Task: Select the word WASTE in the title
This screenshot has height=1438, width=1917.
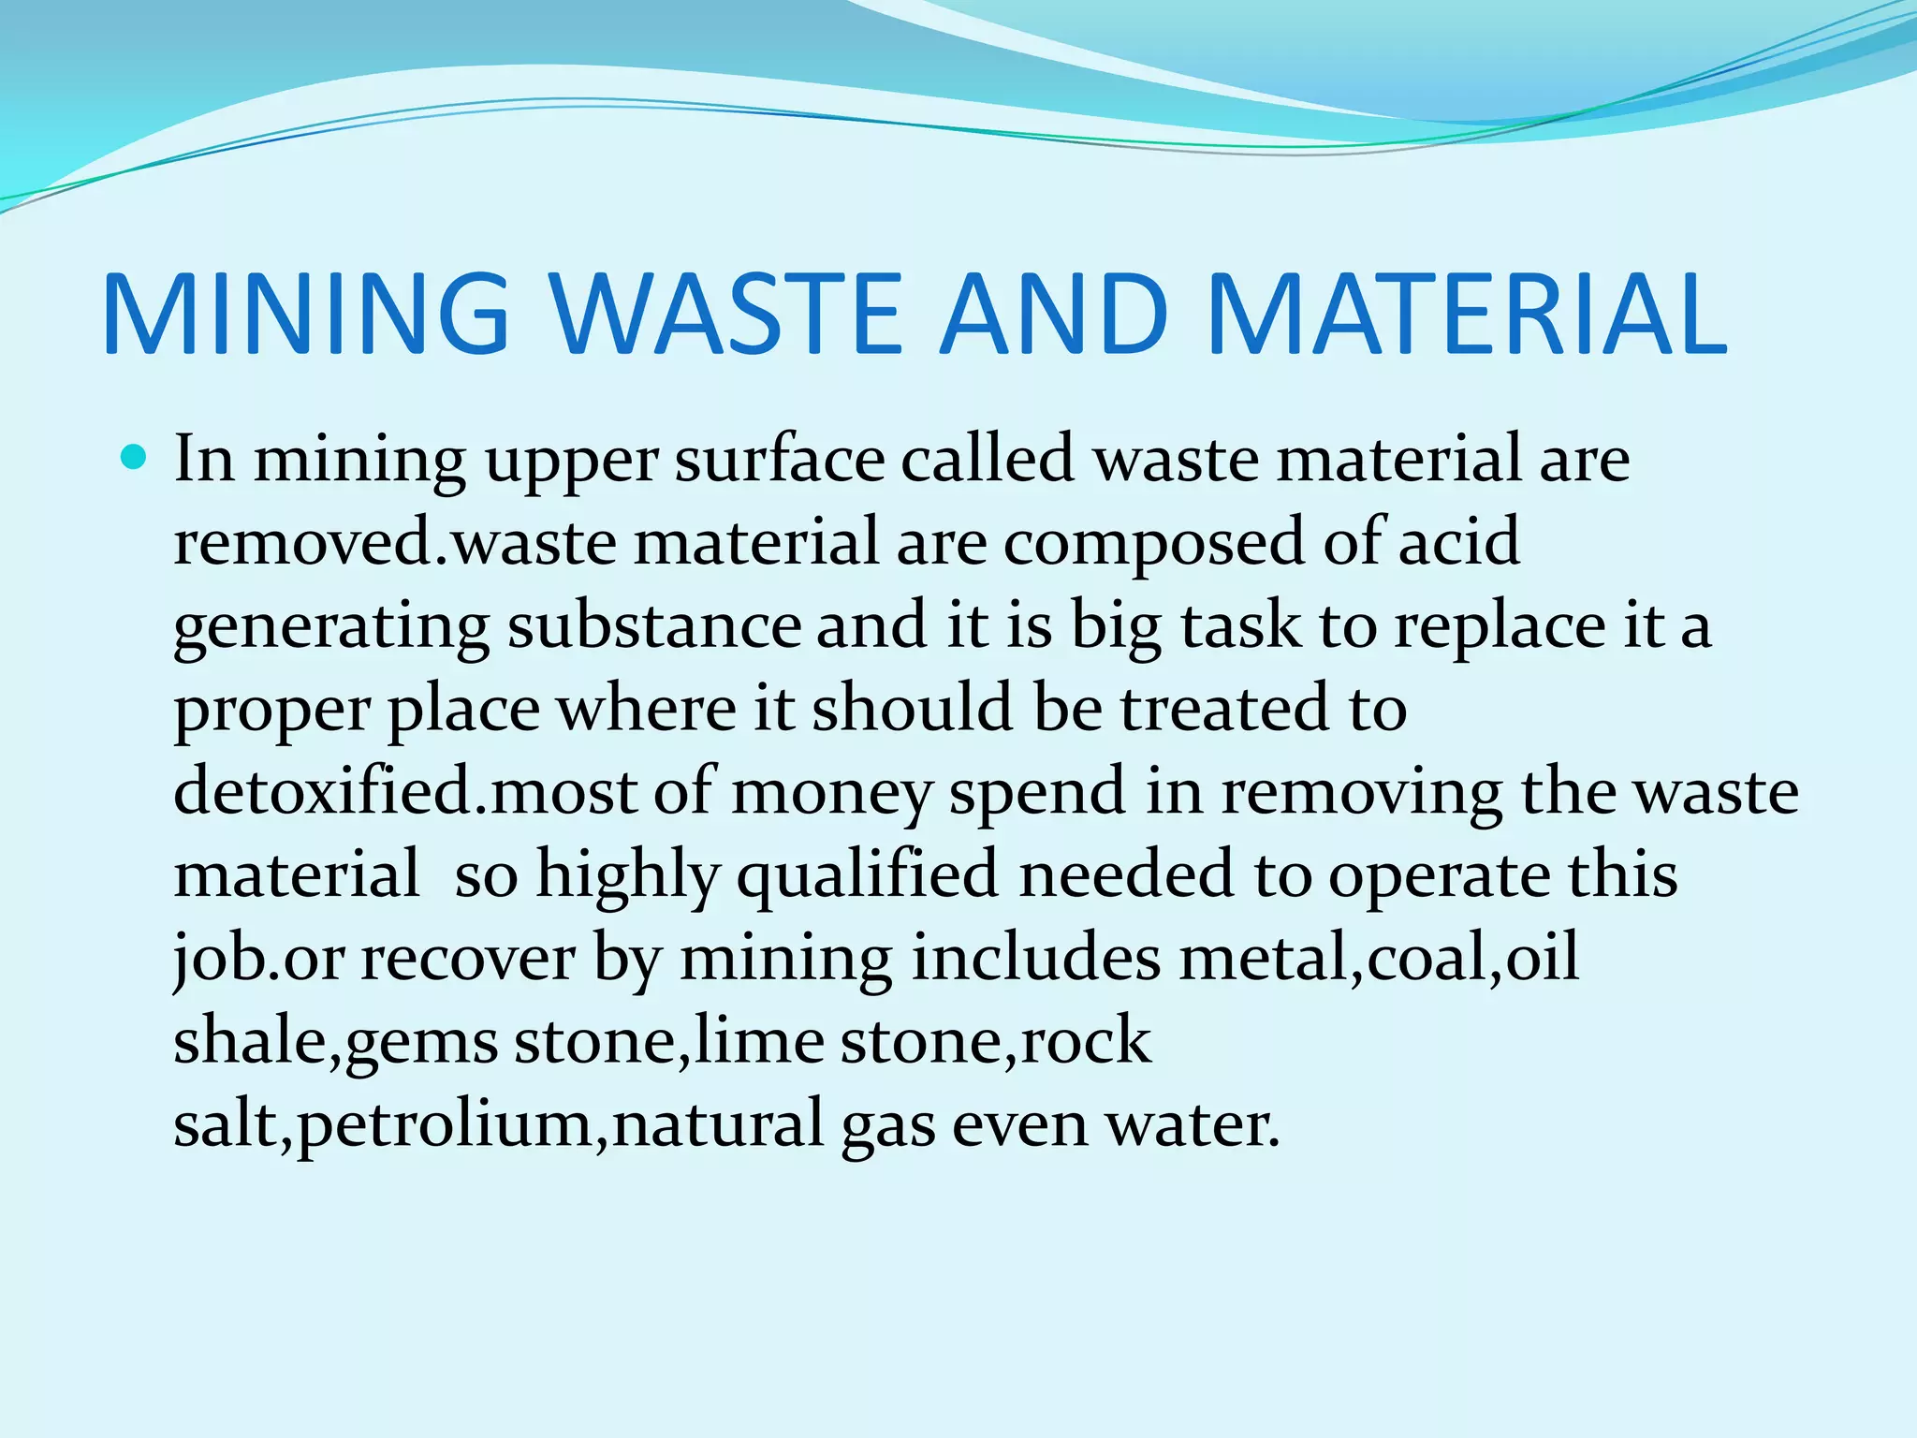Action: click(x=729, y=315)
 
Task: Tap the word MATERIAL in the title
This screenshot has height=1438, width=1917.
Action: click(x=1467, y=315)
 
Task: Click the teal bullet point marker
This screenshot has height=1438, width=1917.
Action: click(x=135, y=459)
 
